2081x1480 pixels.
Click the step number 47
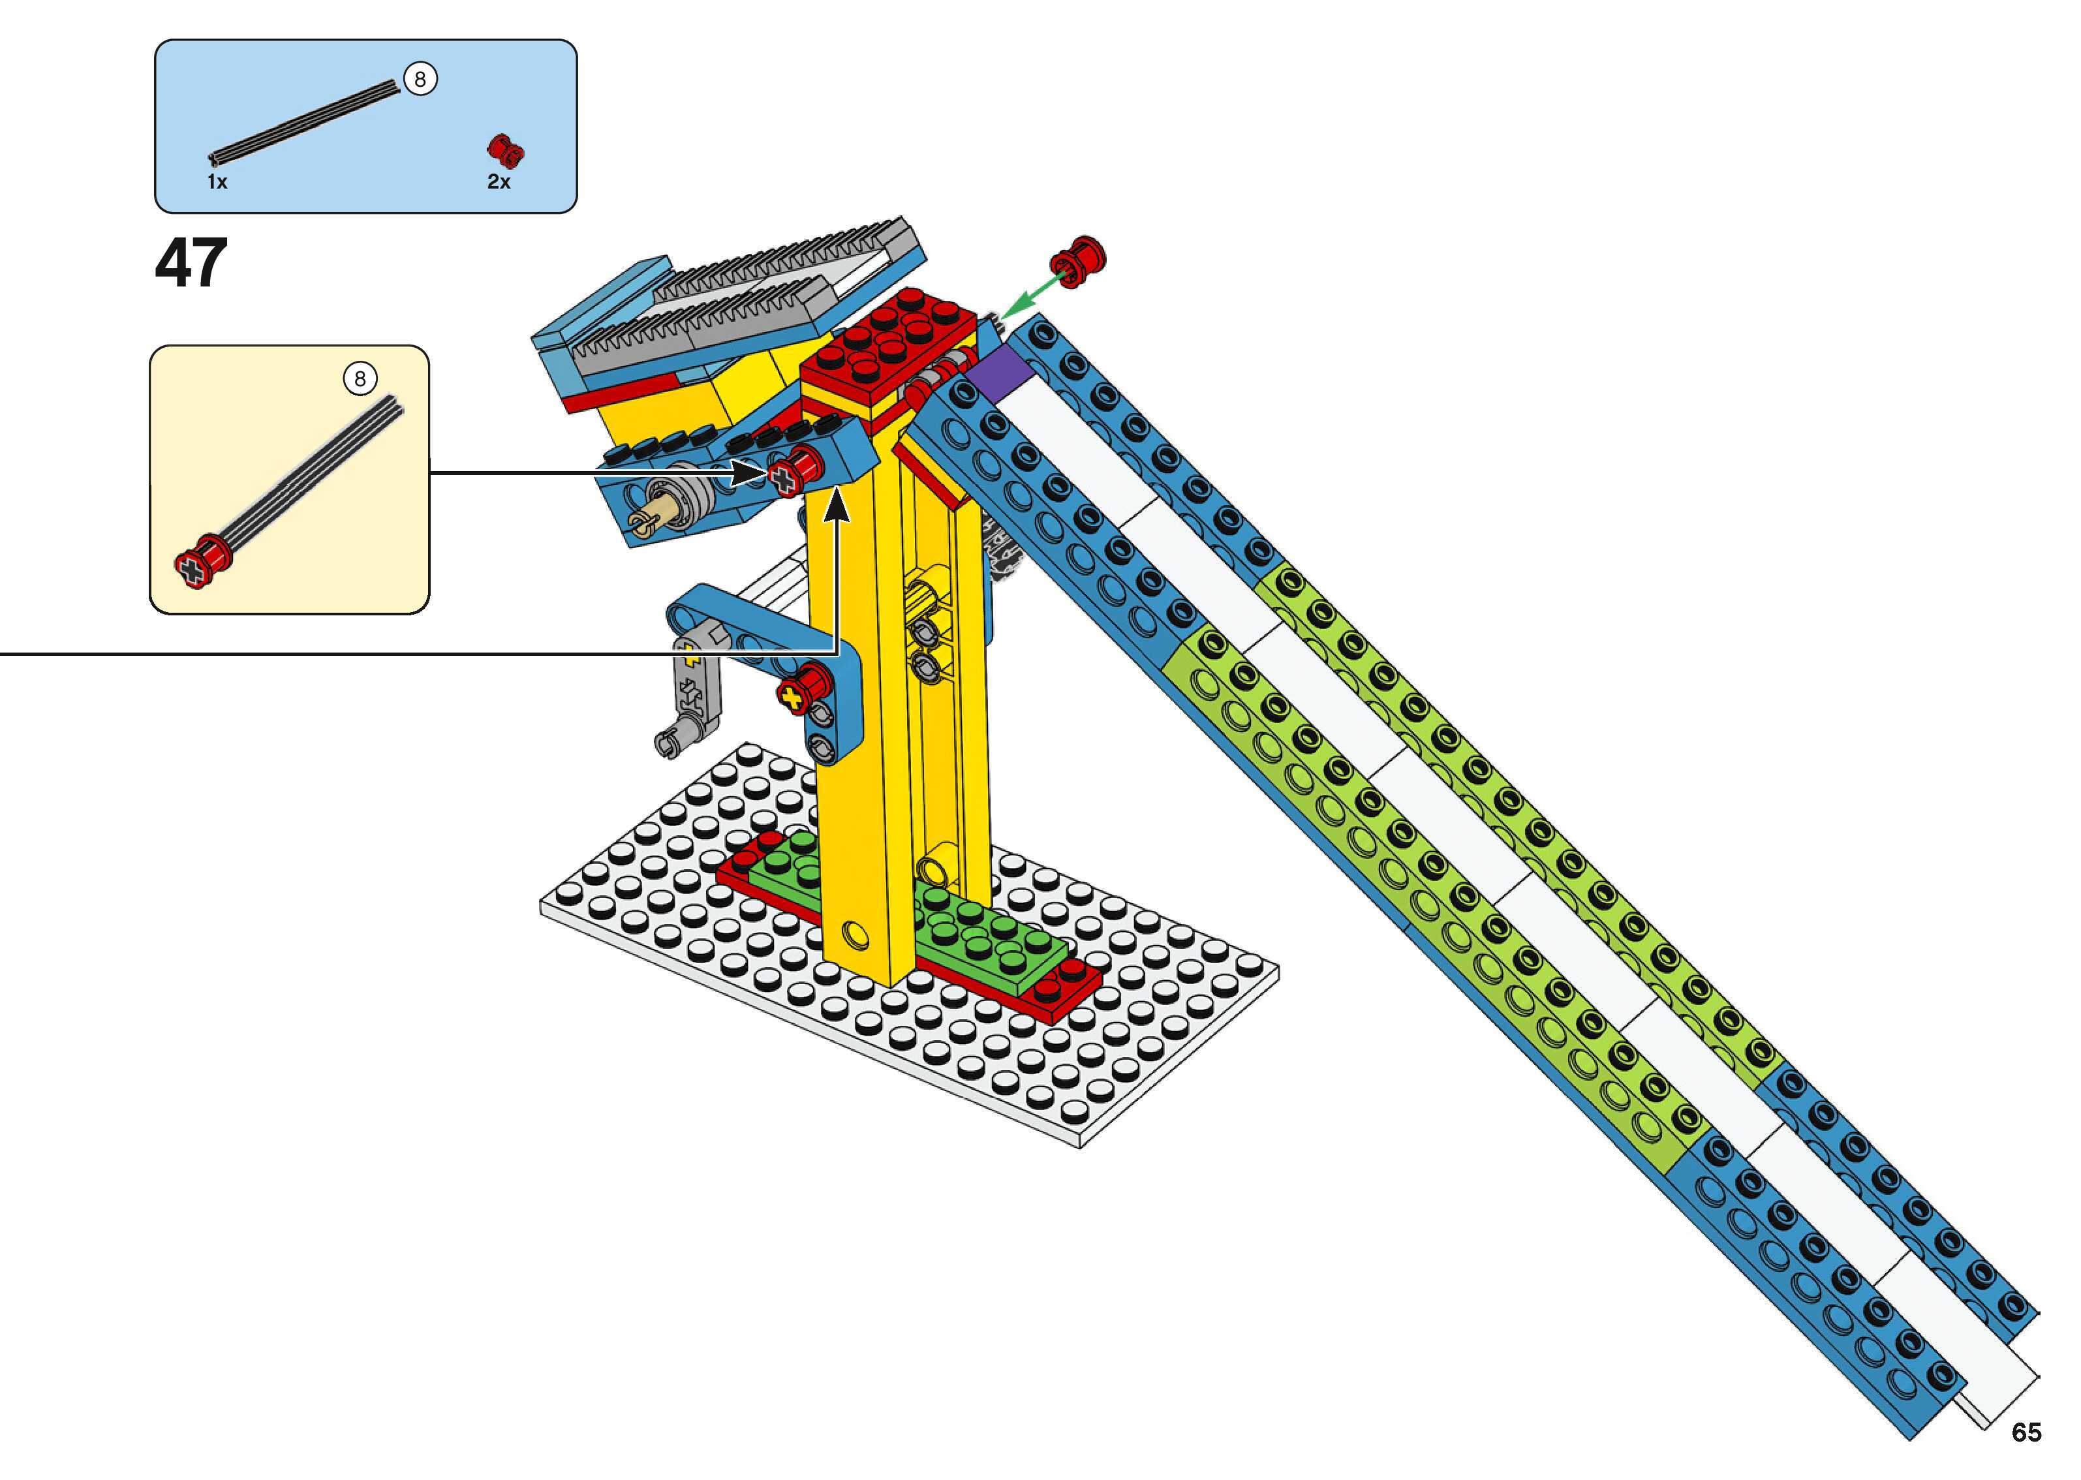point(191,264)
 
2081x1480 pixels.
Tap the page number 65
point(2026,1432)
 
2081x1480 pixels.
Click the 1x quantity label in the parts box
point(217,181)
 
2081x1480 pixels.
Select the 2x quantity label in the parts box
point(499,181)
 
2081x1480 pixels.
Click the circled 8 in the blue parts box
point(420,80)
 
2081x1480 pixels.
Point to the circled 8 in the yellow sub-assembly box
point(360,378)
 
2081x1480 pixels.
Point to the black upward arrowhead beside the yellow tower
point(837,506)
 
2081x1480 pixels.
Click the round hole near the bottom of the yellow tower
point(855,933)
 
